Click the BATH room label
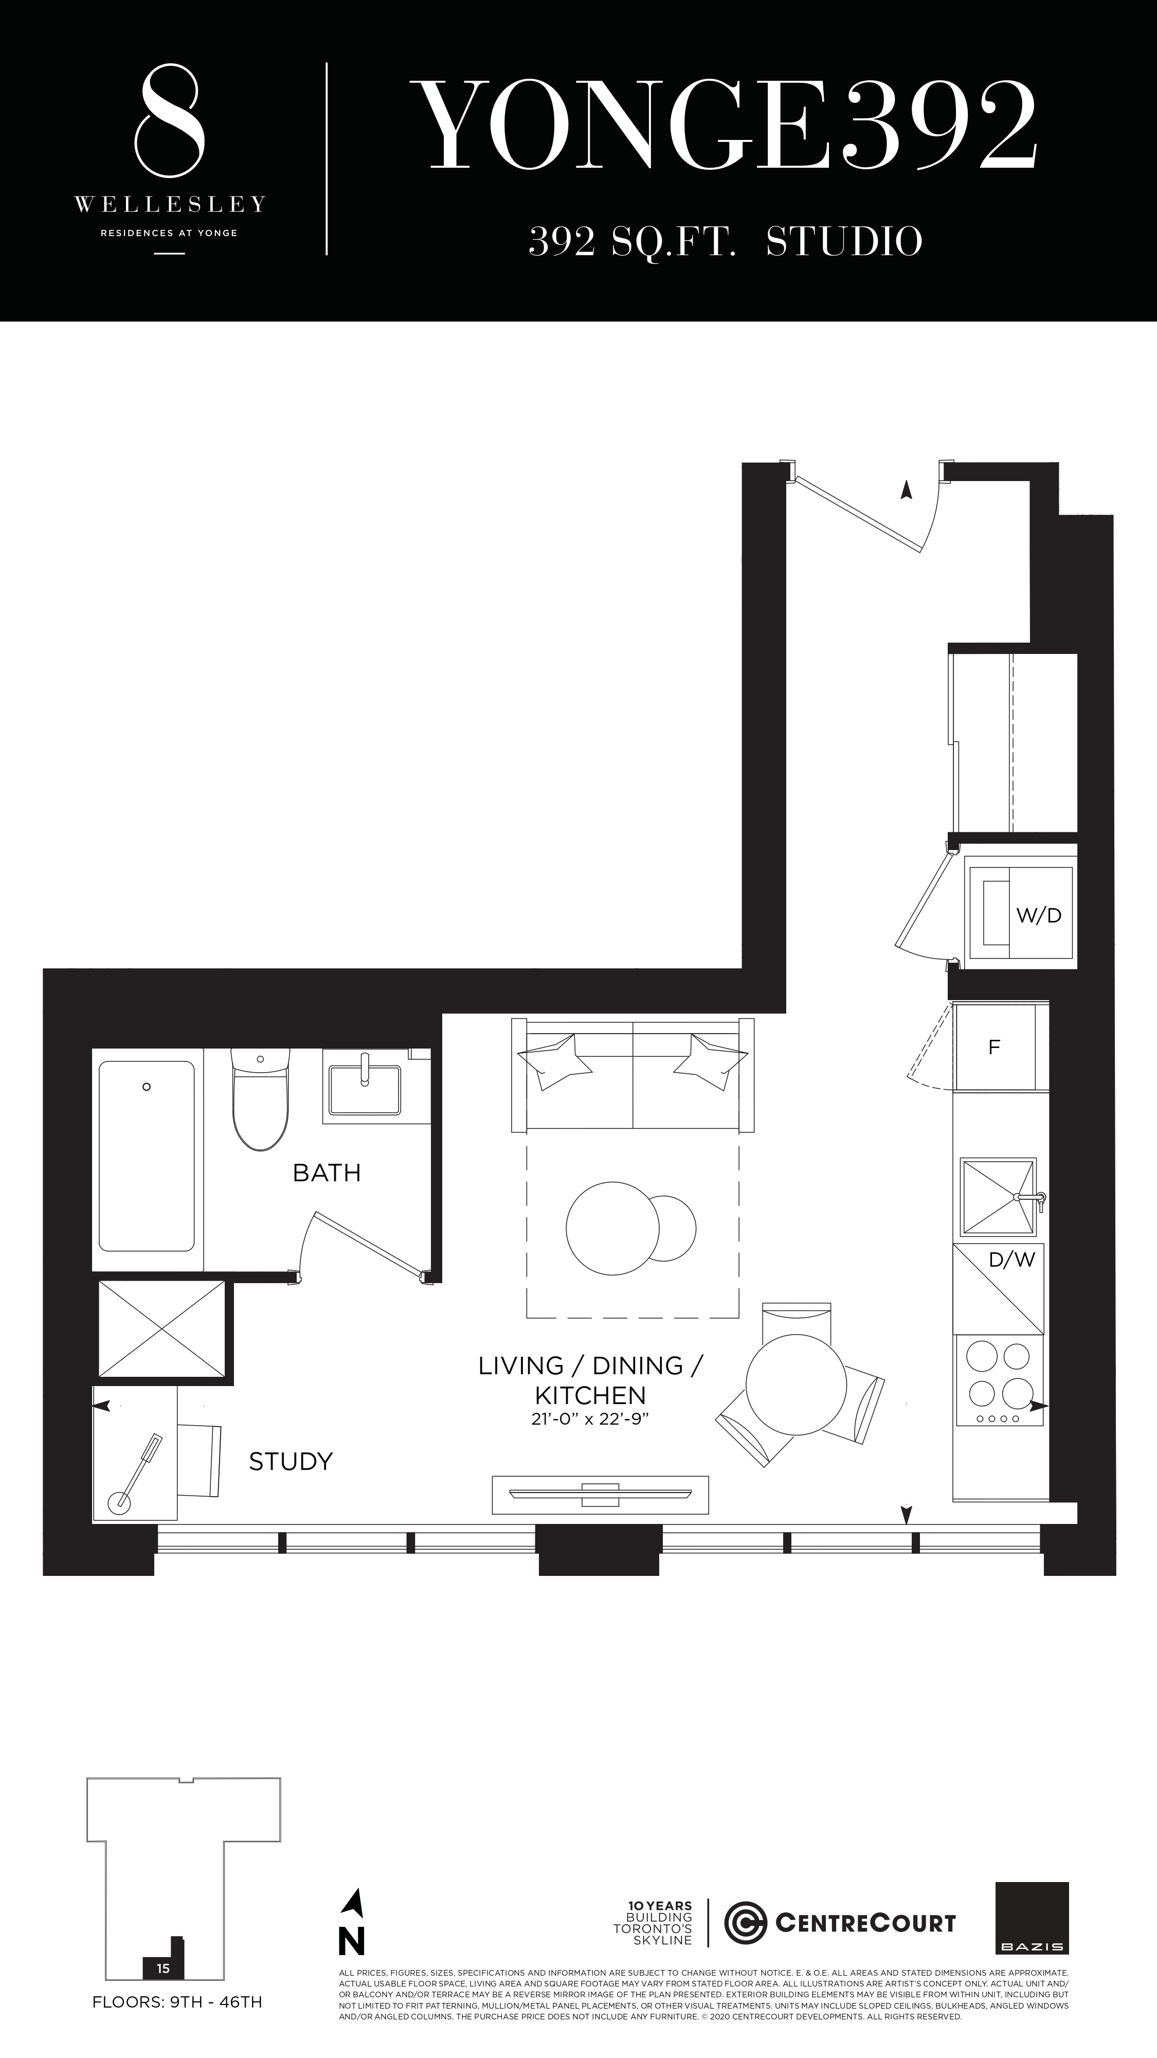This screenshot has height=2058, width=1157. tap(327, 1173)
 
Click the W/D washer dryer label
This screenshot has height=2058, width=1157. tap(1038, 916)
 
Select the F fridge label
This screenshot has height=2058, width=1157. tap(994, 1048)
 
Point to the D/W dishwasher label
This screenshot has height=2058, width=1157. tap(1011, 1260)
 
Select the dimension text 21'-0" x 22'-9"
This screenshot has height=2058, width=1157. tap(590, 1420)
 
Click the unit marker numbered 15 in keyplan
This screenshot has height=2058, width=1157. tap(164, 1968)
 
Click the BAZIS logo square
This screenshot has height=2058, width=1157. tap(1032, 1918)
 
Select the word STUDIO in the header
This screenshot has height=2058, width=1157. tap(844, 241)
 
